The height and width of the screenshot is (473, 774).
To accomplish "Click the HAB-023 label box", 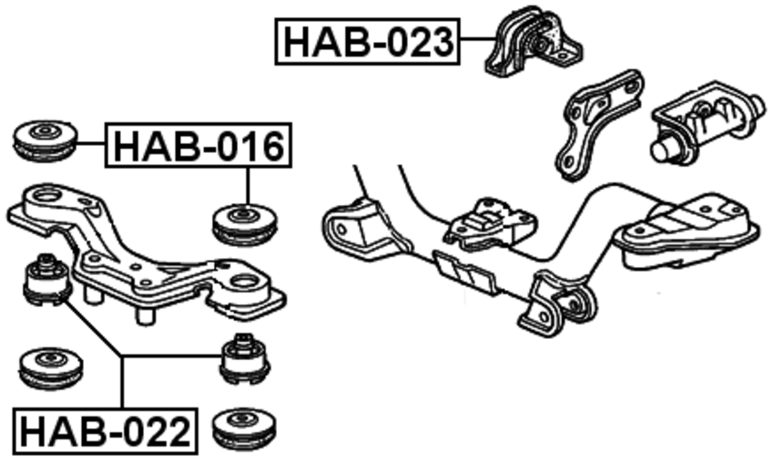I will pyautogui.click(x=368, y=41).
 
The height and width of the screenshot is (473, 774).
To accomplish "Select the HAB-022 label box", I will pyautogui.click(x=105, y=430).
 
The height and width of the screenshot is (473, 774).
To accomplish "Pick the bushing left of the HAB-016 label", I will pyautogui.click(x=44, y=138).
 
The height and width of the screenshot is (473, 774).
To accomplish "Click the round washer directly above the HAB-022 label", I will pyautogui.click(x=50, y=366).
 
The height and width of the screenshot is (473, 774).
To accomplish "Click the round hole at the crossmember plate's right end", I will pyautogui.click(x=243, y=281).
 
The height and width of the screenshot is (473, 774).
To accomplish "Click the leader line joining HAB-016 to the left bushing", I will pyautogui.click(x=92, y=143).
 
